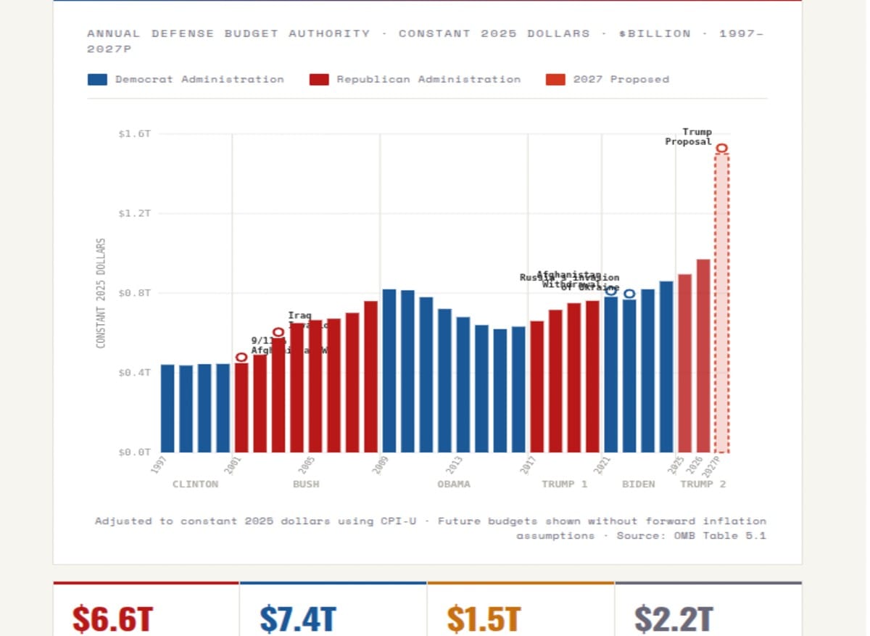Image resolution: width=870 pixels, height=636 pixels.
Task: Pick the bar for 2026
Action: click(x=703, y=355)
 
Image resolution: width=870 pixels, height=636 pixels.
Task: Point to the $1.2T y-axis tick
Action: click(x=134, y=214)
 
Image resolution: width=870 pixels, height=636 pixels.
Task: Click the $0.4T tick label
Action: click(x=134, y=373)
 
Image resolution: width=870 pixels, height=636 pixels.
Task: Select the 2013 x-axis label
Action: click(x=454, y=465)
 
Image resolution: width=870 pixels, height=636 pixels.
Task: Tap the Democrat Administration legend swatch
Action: click(x=97, y=80)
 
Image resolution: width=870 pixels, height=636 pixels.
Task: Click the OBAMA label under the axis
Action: click(x=454, y=484)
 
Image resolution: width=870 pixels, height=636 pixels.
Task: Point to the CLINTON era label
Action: click(x=195, y=484)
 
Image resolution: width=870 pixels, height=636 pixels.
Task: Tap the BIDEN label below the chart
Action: click(x=639, y=484)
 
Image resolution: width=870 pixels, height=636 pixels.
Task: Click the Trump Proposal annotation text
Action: click(x=689, y=137)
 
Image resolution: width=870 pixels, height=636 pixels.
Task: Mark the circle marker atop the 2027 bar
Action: click(x=721, y=149)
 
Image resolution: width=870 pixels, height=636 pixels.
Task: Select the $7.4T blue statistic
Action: click(x=298, y=619)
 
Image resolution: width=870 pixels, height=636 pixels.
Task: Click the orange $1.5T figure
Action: click(x=484, y=619)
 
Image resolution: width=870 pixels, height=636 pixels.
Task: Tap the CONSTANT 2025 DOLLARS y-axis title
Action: click(x=101, y=293)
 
